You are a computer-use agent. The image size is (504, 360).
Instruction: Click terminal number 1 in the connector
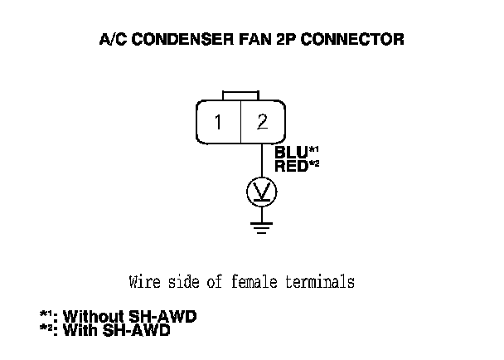click(218, 123)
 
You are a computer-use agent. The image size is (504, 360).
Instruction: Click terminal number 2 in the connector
click(262, 123)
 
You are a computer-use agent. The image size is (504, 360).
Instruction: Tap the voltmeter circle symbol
click(262, 192)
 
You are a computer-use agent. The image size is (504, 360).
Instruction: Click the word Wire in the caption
click(143, 282)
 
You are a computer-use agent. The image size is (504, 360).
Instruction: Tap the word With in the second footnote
click(82, 331)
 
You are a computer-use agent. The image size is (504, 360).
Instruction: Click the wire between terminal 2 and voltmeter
click(262, 161)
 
